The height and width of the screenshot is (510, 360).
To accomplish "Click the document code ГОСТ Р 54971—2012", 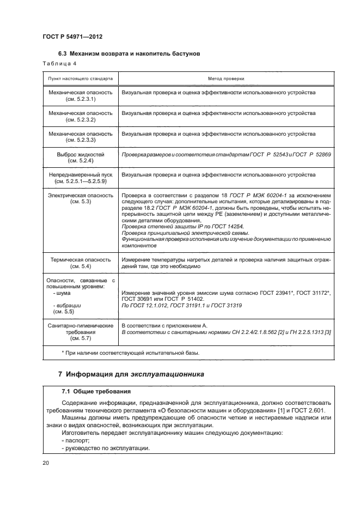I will [x=72, y=37].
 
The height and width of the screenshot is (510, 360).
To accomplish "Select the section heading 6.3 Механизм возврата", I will [x=129, y=54].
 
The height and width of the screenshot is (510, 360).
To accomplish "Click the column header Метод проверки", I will [x=226, y=78].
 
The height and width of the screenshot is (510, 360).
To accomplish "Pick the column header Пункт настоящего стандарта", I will [x=80, y=78].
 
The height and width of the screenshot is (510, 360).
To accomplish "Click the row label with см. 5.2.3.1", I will [x=80, y=96].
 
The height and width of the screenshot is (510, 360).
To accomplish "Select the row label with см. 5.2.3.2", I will [x=80, y=116].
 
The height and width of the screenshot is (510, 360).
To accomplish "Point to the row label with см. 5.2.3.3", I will [x=80, y=136].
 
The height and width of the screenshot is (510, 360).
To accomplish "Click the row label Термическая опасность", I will [x=80, y=263].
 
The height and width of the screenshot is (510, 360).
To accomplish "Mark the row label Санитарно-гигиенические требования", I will [x=80, y=331].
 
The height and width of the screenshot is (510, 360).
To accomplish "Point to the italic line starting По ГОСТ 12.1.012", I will [x=182, y=306].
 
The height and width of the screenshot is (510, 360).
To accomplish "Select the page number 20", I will [x=46, y=463].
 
